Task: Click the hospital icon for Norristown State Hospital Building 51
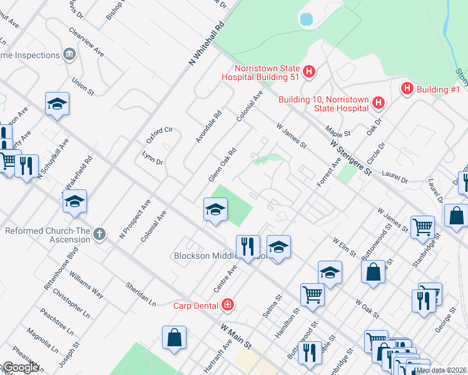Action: tap(308, 72)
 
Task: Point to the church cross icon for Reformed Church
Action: tap(98, 236)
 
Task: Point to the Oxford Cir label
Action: tap(159, 134)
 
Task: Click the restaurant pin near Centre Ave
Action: tap(248, 246)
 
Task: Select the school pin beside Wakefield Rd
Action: tap(74, 202)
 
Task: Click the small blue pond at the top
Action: tap(306, 19)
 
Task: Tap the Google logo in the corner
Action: tap(20, 367)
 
